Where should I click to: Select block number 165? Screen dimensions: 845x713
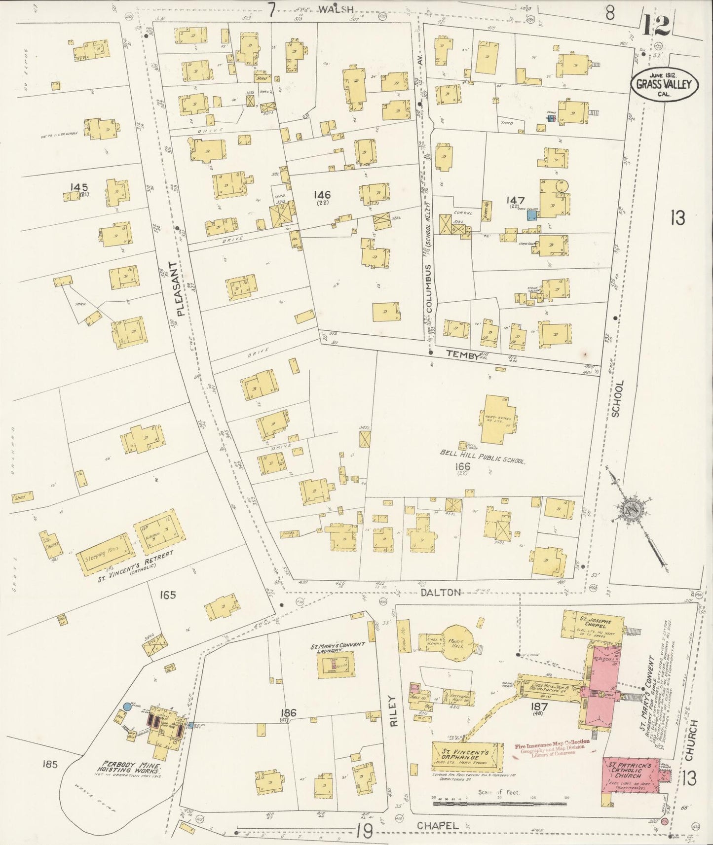pyautogui.click(x=168, y=595)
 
